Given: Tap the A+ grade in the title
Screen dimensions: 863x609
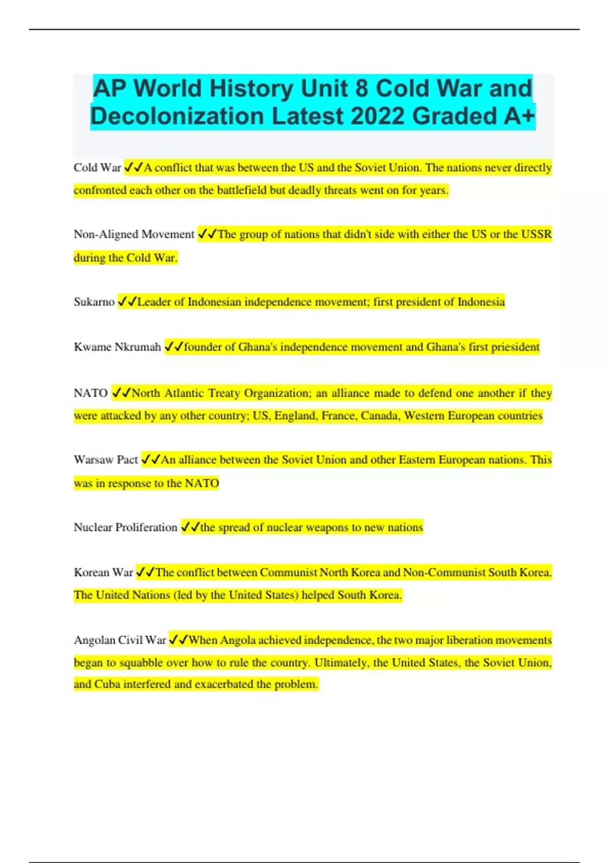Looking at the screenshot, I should [x=519, y=116].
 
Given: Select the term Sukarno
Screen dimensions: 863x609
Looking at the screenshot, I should [x=94, y=302].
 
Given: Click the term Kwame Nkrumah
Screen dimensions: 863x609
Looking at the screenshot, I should [x=117, y=347].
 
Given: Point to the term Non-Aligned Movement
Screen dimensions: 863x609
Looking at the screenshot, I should [x=134, y=235].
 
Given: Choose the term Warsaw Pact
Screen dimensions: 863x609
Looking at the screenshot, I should [x=106, y=460].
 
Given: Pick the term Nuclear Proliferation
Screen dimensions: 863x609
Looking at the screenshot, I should [x=125, y=527].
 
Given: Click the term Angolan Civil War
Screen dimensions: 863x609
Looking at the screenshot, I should [x=120, y=640].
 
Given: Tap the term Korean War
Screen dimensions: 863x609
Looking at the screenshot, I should [x=103, y=573].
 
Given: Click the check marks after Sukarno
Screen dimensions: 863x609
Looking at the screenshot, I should [x=127, y=302].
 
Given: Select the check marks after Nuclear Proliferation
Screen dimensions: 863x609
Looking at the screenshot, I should [x=190, y=527].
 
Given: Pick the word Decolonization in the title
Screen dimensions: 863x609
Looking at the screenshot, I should [x=177, y=116].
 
